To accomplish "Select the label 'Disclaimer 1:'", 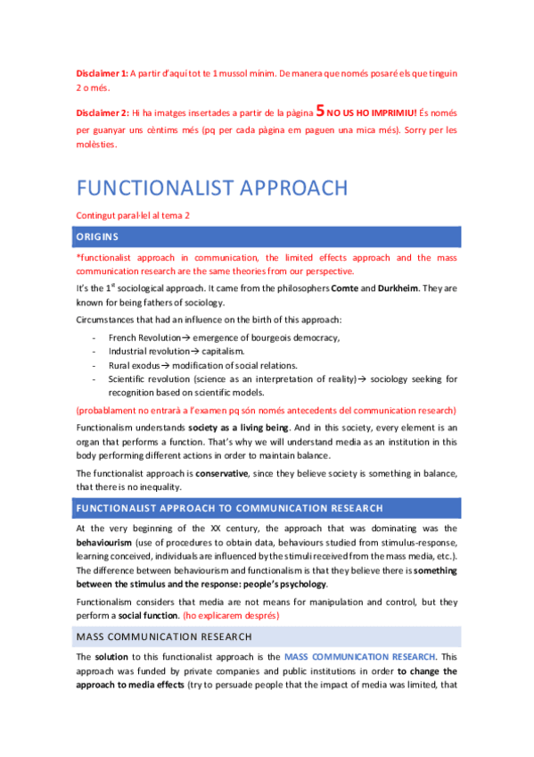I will [103, 73].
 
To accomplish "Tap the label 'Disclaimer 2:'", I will [103, 114].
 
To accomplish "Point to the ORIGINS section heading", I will [99, 237].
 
